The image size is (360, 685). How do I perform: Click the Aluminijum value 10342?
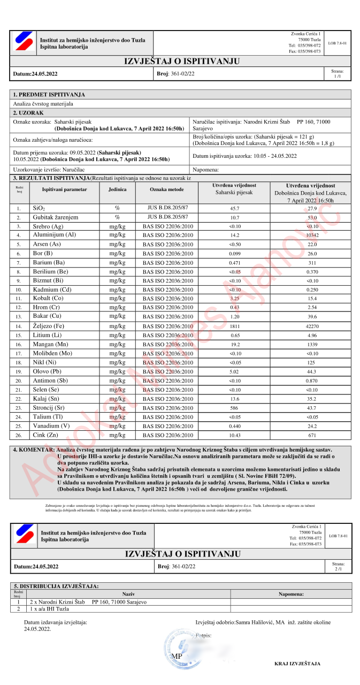point(312,235)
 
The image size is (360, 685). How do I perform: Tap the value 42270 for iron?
point(312,326)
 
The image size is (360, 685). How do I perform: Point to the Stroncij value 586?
point(234,408)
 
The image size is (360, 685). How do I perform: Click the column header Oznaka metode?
point(166,189)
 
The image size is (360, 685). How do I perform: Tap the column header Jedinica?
point(117,189)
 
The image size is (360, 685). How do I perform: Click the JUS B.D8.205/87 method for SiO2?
point(166,208)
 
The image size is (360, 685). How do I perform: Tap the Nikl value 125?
point(312,362)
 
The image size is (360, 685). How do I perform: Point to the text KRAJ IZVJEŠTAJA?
point(297,664)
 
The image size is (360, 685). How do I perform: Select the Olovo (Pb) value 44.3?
point(312,371)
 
